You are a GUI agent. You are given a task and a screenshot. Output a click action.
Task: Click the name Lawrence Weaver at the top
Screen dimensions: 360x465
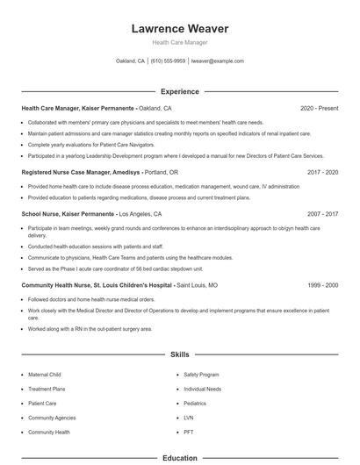point(179,28)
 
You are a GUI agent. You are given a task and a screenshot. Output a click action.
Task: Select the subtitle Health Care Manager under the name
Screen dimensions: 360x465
point(179,42)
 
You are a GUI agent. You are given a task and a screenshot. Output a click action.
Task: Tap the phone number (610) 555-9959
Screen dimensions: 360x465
point(168,61)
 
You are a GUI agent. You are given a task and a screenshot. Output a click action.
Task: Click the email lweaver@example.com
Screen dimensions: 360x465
point(217,61)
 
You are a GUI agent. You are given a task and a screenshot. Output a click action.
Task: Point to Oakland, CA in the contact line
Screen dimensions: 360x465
point(130,61)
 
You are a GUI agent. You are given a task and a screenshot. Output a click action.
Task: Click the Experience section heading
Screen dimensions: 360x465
point(179,91)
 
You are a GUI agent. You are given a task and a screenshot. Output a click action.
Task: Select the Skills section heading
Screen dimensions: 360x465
point(179,354)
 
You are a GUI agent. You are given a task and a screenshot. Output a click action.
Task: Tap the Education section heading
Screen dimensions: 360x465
point(179,458)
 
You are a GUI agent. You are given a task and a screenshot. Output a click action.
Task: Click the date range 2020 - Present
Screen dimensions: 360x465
point(319,108)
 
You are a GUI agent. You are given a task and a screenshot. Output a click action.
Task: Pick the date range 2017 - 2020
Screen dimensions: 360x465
point(322,173)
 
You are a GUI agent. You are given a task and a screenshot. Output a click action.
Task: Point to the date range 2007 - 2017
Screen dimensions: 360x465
point(322,214)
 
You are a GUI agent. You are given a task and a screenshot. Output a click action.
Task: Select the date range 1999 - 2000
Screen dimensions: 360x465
point(322,286)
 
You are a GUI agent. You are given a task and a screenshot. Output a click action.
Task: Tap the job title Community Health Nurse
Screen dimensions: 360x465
point(54,286)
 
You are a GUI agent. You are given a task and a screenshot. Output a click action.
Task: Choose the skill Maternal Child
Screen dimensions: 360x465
point(44,374)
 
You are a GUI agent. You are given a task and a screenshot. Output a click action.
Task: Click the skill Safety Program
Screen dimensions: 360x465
point(201,374)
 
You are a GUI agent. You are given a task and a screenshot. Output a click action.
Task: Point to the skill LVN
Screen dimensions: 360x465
point(188,418)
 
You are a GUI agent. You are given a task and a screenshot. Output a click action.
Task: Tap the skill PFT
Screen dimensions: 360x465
point(188,432)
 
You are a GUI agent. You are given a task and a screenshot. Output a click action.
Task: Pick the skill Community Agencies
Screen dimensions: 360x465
point(52,418)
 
